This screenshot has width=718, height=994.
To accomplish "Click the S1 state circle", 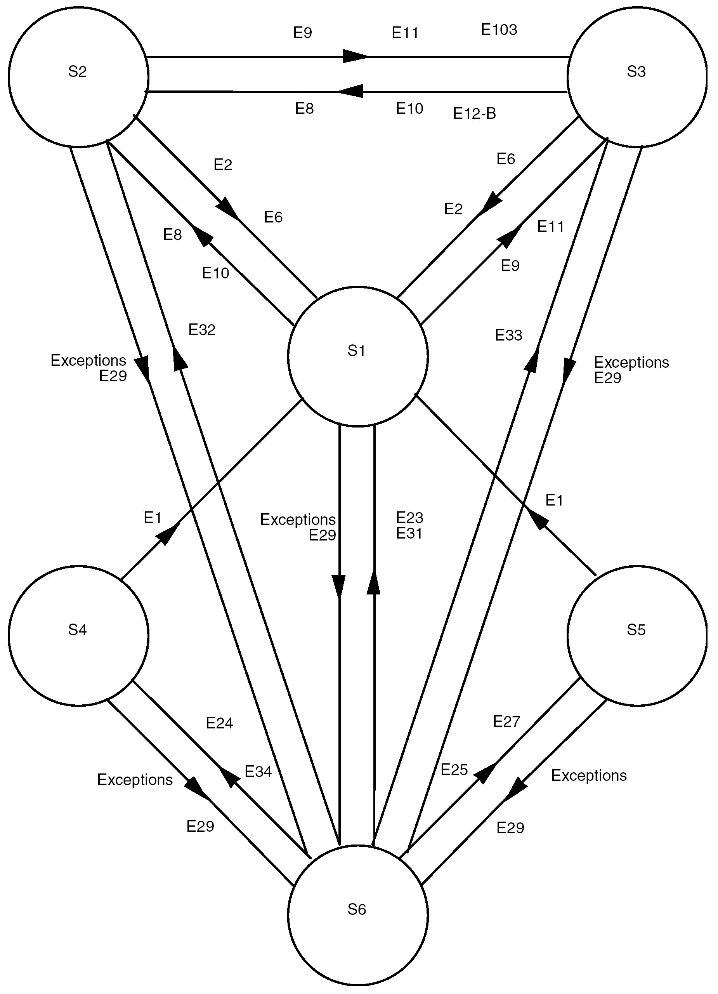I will tap(357, 356).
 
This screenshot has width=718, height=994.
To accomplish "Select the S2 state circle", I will tap(78, 77).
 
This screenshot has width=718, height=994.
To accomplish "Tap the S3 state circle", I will tap(636, 77).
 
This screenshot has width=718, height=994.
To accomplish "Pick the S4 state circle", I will tap(78, 636).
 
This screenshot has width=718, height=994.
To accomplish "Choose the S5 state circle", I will tap(636, 636).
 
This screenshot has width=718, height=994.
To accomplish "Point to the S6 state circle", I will tap(357, 915).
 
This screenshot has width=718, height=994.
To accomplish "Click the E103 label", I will tap(499, 30).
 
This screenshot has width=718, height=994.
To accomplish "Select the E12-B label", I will tap(474, 114).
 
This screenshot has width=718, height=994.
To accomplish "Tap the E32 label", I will tap(202, 330).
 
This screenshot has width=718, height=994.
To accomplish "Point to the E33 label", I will tap(508, 335).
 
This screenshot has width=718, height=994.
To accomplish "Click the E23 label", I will tap(409, 518).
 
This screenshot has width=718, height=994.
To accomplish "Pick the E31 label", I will tap(409, 533).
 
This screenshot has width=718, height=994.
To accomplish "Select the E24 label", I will tap(219, 723).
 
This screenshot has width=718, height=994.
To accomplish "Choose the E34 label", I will tap(258, 772).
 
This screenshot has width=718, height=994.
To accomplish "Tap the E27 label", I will tap(506, 721).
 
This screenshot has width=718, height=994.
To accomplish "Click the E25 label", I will tap(454, 770).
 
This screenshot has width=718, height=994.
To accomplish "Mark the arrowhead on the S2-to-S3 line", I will tap(356, 57).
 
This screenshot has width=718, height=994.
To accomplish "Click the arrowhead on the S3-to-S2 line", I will tap(350, 92).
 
